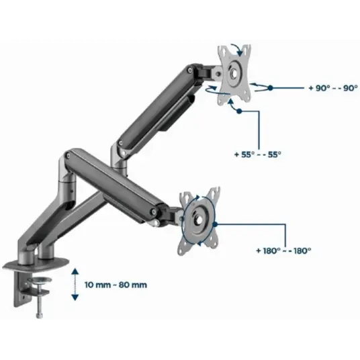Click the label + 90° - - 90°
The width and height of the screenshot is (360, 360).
pos(333,88)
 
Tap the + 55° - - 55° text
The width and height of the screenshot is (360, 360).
pos(257,154)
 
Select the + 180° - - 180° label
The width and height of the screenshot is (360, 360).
pos(283,251)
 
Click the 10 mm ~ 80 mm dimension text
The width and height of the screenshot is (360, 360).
pos(116,285)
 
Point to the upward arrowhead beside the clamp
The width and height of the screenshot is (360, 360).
pos(75,272)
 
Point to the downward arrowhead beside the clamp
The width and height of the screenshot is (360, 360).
pos(75,298)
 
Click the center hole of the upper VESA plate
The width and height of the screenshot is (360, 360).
pos(234,73)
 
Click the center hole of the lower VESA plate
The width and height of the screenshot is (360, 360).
pos(199,220)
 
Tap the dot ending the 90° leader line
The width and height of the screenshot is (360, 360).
pos(271,88)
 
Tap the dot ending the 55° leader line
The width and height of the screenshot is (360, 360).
pos(239,111)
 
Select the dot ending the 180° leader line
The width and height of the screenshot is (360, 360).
pos(215,224)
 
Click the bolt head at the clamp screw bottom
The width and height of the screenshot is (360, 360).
pos(39,316)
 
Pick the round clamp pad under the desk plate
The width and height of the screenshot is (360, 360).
pos(39,280)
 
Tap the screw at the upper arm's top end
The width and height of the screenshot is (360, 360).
pos(190,70)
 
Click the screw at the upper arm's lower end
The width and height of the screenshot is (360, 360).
pos(120,144)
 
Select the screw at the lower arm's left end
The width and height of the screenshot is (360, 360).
pos(69,156)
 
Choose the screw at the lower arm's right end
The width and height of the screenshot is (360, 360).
pos(153,212)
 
